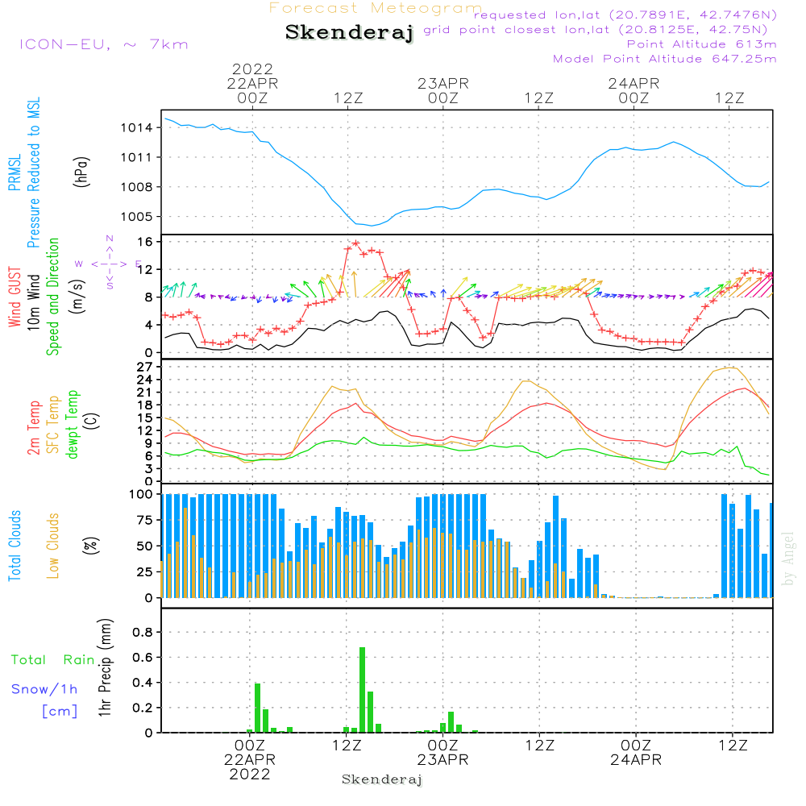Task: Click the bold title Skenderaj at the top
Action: click(x=349, y=33)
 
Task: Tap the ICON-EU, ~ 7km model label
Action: click(x=103, y=44)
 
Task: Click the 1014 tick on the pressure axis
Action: click(x=138, y=128)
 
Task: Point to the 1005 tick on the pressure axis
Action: click(x=138, y=217)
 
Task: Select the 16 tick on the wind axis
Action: click(x=146, y=242)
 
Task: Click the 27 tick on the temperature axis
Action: click(x=146, y=367)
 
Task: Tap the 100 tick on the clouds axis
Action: click(x=143, y=494)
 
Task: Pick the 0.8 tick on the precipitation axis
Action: click(x=143, y=633)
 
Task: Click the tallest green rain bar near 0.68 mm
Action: click(x=363, y=689)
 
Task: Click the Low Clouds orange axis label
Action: click(x=53, y=545)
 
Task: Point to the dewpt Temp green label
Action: click(x=73, y=425)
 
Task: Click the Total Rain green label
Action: click(x=52, y=660)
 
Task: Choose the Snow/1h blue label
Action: click(x=44, y=690)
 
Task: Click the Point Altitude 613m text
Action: click(x=701, y=44)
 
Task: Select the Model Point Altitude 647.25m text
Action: click(x=665, y=59)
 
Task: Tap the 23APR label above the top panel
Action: click(x=442, y=83)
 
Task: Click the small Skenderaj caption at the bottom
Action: click(x=382, y=779)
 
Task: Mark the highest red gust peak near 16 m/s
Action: click(x=355, y=243)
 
